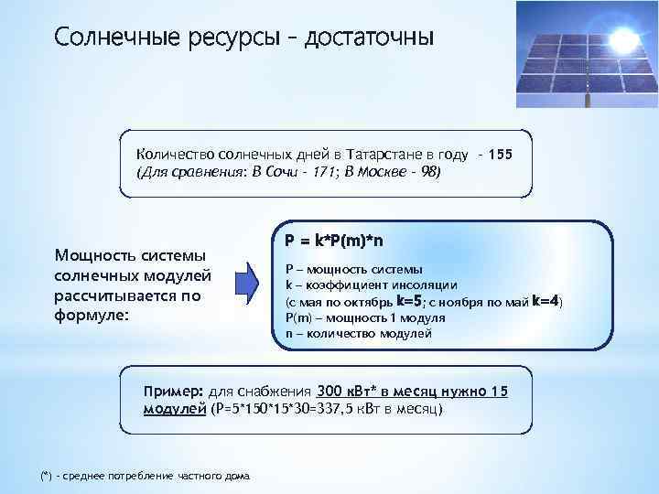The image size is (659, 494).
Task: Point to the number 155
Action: tap(501, 155)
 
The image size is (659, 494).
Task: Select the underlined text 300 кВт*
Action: tap(348, 391)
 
